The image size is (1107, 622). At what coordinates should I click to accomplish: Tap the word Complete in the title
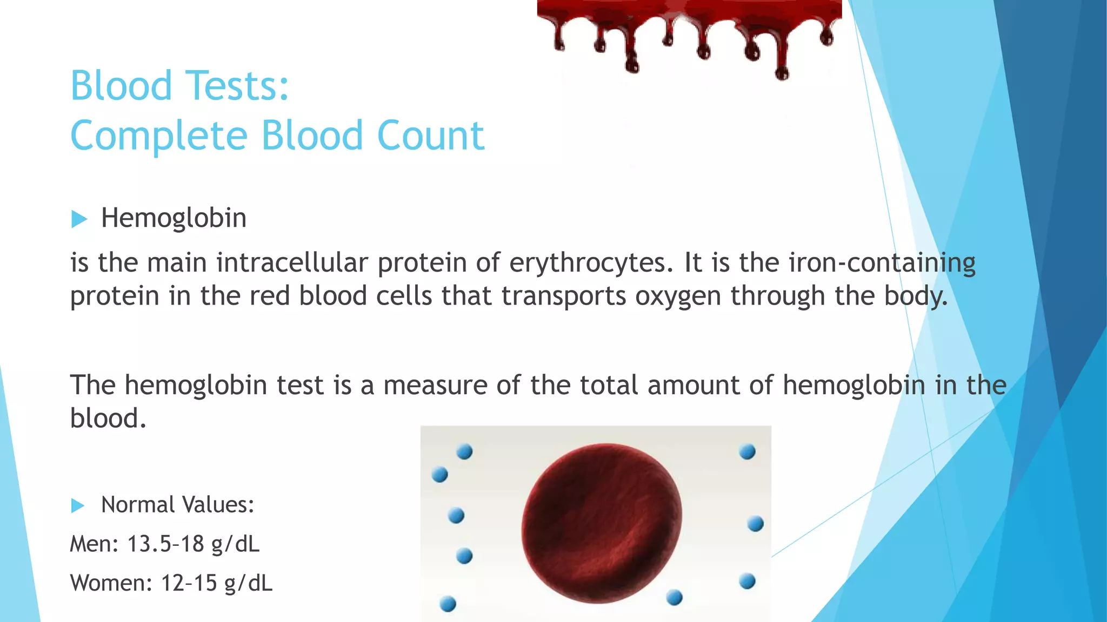point(159,136)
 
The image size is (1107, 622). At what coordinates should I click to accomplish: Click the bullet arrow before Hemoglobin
point(79,219)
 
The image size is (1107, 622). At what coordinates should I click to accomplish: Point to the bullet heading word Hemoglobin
point(174,218)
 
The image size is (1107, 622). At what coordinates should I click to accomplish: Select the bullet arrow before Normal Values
point(78,506)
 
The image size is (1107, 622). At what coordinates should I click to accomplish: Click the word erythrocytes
point(591,263)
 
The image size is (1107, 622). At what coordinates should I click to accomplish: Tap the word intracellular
point(292,263)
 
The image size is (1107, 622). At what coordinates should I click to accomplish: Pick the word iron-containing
point(882,263)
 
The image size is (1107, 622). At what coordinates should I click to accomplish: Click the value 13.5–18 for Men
point(165,544)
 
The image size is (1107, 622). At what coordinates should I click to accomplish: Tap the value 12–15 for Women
point(189,583)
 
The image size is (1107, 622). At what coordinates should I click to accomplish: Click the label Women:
point(111,583)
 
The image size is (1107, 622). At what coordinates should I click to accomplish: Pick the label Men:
point(94,544)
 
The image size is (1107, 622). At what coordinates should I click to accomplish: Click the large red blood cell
point(601,522)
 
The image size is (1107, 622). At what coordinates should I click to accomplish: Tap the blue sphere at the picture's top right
point(747,451)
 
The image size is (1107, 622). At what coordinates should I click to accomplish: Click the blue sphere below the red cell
point(674,598)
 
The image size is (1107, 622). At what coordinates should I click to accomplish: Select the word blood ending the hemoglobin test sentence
point(108,418)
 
